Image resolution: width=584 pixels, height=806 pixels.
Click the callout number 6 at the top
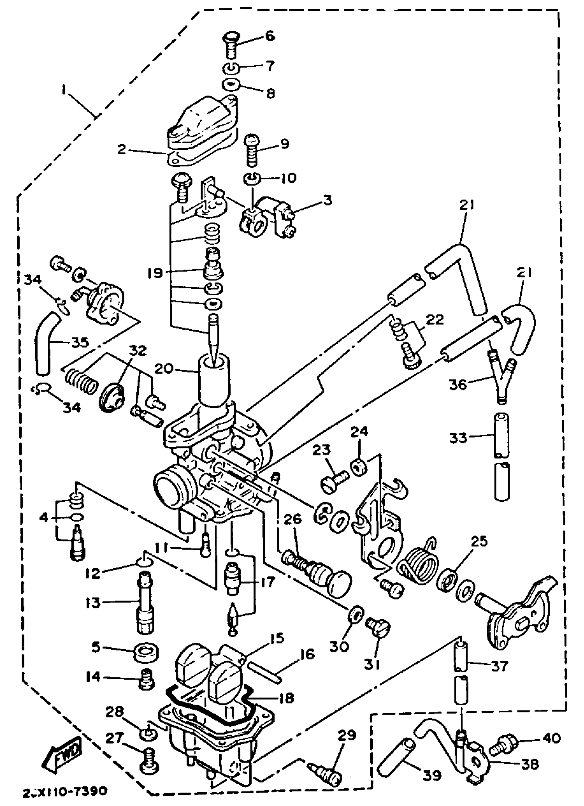click(x=270, y=36)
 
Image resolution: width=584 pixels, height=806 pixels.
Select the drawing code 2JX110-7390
click(x=64, y=792)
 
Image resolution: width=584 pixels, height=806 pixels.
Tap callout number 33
click(x=458, y=438)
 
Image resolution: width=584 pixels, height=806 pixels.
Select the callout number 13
click(x=93, y=603)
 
